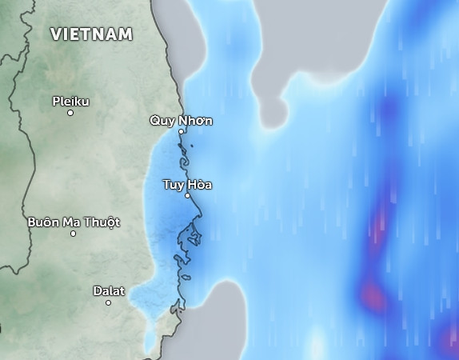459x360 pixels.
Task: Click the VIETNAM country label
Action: (x=91, y=34)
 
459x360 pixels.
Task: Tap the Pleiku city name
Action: (x=70, y=101)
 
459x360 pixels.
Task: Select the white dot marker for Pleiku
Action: (x=70, y=113)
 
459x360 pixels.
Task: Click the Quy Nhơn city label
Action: (x=182, y=120)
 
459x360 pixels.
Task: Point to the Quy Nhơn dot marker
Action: (x=182, y=131)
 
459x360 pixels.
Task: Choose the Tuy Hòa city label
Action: (x=187, y=184)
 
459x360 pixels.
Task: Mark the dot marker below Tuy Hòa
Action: (x=188, y=195)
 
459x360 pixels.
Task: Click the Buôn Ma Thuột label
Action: (x=74, y=222)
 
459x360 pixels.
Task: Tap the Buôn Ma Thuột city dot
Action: (x=73, y=234)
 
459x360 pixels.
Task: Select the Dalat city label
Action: (x=109, y=290)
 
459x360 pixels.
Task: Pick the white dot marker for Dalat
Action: (x=109, y=302)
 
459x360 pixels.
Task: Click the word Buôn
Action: (x=43, y=222)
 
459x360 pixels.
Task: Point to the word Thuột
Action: (x=102, y=222)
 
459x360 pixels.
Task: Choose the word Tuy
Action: (x=173, y=184)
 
